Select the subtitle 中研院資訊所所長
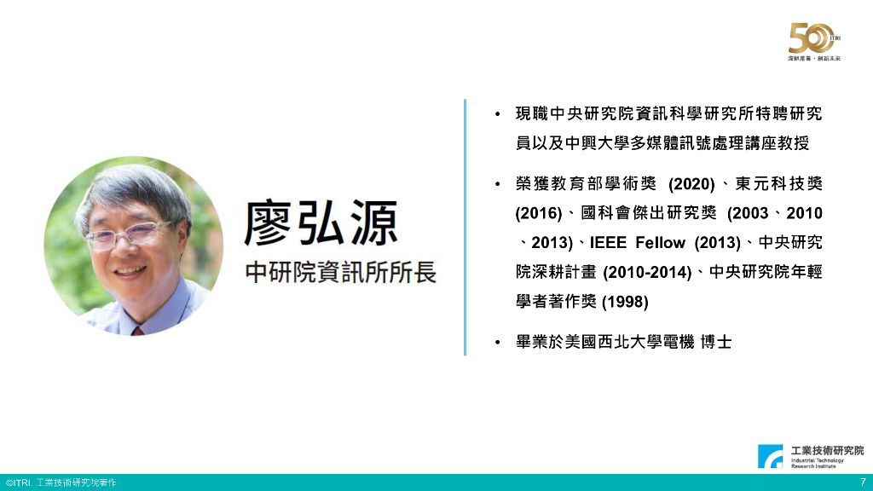[x=340, y=273]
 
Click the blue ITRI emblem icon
[x=772, y=457]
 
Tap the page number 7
[x=863, y=482]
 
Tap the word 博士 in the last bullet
[x=716, y=343]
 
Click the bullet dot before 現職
[x=497, y=113]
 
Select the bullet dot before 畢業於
[x=497, y=343]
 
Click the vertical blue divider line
[x=465, y=227]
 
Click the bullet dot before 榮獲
[x=497, y=184]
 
